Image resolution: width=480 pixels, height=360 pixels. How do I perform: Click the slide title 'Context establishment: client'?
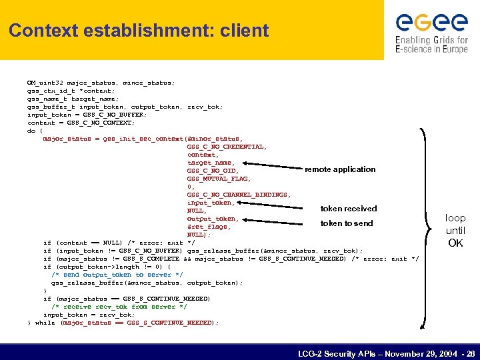pos(139,31)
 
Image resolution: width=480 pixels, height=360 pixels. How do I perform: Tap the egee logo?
pos(431,23)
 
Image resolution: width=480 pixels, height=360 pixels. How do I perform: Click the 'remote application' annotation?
pos(340,169)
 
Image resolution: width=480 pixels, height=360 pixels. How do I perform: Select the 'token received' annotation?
pos(349,209)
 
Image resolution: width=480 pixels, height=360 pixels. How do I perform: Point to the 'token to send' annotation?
pos(347,223)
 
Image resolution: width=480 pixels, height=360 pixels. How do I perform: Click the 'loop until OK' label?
pos(455,231)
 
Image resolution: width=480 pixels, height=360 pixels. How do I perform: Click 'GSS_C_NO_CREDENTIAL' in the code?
pos(227,147)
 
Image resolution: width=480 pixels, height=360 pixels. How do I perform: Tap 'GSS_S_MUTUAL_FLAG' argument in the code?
pos(219,179)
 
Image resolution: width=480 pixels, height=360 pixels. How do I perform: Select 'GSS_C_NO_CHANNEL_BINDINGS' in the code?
pos(238,195)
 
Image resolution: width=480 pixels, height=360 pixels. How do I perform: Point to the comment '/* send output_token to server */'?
pos(117,275)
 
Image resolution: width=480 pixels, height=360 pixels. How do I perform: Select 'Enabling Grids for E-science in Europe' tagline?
pos(431,45)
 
